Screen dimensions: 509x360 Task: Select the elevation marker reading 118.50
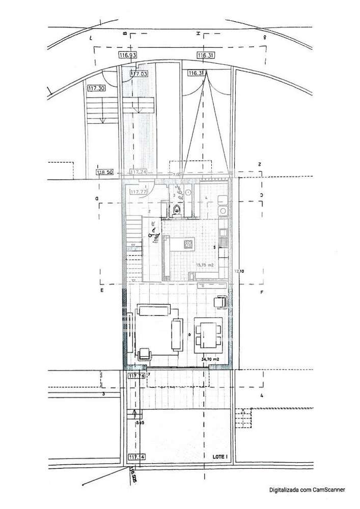click(105, 173)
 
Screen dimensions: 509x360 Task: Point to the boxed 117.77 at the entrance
click(137, 192)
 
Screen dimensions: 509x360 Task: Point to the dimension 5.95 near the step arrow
click(140, 422)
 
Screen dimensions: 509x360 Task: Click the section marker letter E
click(102, 291)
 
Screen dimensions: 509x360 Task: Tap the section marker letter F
click(261, 292)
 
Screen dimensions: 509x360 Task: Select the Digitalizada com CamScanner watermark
click(308, 490)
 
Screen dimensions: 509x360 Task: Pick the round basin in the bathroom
click(188, 193)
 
